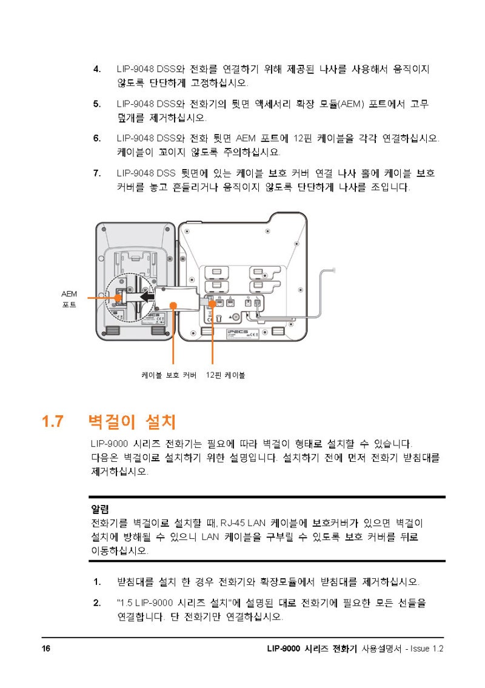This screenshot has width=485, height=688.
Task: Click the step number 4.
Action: point(96,69)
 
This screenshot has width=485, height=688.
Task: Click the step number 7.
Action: point(96,173)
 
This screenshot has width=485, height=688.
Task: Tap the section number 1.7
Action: point(53,421)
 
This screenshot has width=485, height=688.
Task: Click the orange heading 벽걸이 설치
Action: point(132,421)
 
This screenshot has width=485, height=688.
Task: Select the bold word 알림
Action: point(99,507)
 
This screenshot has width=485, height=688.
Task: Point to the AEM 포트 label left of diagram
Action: point(69,299)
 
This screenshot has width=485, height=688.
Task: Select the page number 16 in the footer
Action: point(46,649)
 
